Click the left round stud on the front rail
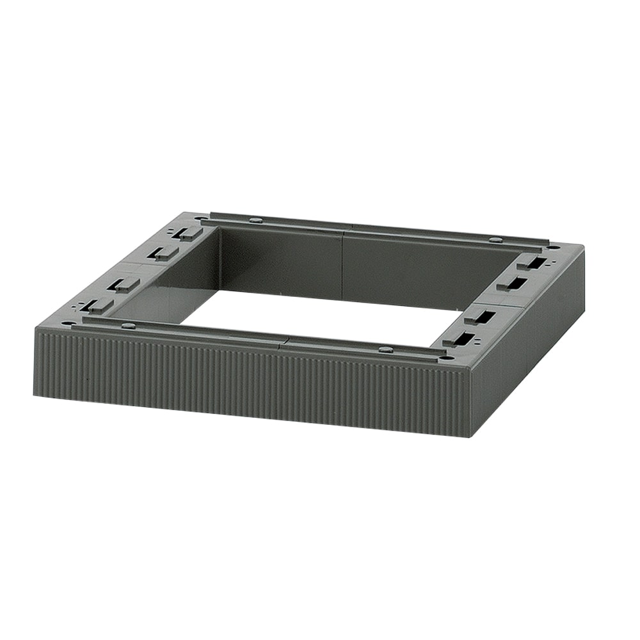(128, 325)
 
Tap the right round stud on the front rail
(385, 349)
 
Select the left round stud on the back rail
(256, 220)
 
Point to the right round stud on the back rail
(495, 239)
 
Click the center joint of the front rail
(282, 340)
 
